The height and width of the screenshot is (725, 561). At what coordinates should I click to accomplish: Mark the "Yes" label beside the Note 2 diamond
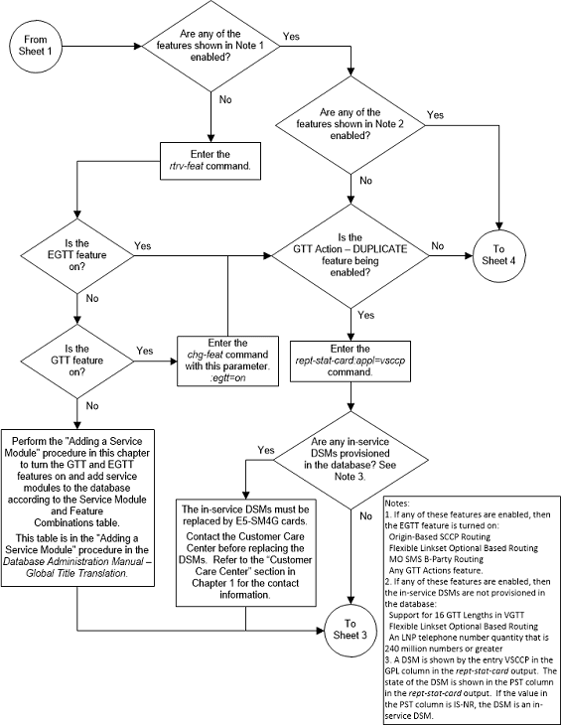pos(435,115)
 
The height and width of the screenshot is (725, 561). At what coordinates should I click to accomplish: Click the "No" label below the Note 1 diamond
pos(225,99)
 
